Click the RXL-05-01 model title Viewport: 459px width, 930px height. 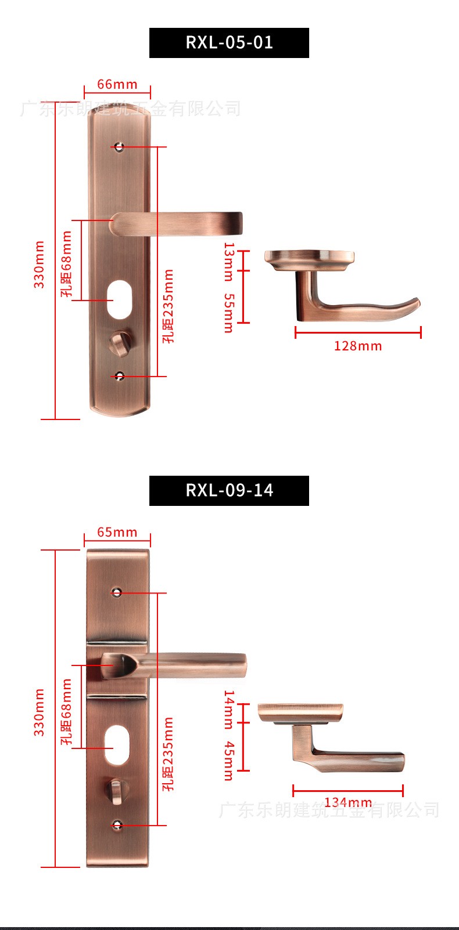(x=229, y=42)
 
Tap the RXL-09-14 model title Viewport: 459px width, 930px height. (x=229, y=490)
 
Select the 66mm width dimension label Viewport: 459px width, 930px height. (x=117, y=84)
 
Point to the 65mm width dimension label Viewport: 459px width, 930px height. (x=117, y=532)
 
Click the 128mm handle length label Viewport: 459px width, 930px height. (x=358, y=346)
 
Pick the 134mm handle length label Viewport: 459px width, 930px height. (x=348, y=802)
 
